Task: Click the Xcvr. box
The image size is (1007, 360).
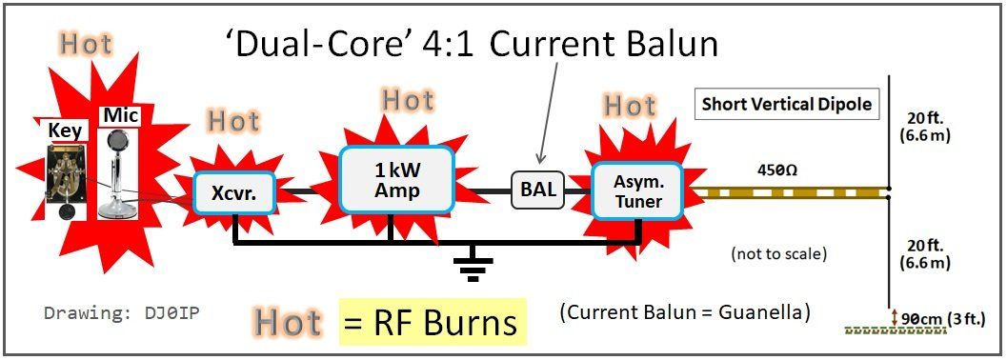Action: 234,192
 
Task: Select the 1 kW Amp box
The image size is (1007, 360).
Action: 397,180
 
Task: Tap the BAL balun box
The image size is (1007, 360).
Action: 538,190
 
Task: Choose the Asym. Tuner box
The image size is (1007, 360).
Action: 639,190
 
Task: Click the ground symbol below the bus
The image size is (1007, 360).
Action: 473,267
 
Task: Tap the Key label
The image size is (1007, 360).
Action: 64,130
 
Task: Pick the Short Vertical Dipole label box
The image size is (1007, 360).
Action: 787,105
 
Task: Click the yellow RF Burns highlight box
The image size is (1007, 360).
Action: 433,322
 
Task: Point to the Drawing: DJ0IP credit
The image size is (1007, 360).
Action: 126,313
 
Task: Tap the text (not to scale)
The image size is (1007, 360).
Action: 777,253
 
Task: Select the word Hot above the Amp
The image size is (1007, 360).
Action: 409,101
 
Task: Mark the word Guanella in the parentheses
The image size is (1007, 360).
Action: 766,313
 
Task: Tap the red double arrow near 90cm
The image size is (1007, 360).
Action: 894,317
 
